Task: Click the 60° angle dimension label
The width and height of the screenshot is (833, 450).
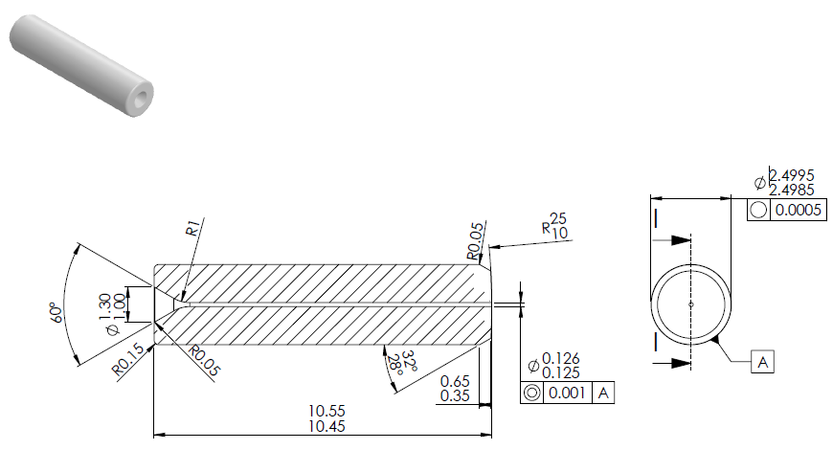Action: point(56,312)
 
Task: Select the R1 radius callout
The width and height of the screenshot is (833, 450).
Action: point(192,227)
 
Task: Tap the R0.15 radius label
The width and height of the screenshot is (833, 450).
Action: point(127,360)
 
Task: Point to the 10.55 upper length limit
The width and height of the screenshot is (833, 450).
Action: point(326,411)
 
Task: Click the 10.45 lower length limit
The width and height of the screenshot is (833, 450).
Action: point(326,426)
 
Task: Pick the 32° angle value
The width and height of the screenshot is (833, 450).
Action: point(409,361)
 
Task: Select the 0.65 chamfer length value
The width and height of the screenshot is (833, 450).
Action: point(456,381)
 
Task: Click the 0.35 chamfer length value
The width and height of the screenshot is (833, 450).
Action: point(456,395)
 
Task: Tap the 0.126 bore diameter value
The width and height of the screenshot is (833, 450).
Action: point(560,358)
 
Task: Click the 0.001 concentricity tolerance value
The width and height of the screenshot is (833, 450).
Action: point(567,393)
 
